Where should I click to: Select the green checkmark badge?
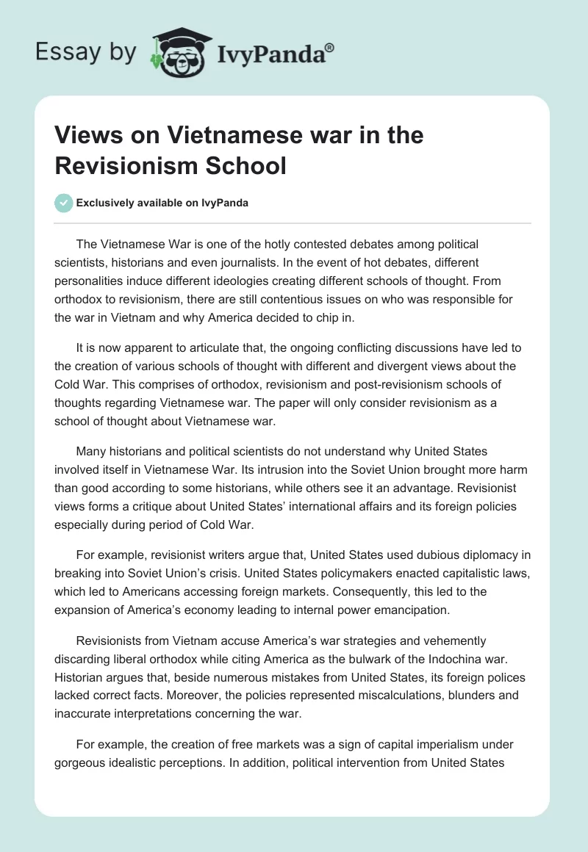pyautogui.click(x=63, y=203)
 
